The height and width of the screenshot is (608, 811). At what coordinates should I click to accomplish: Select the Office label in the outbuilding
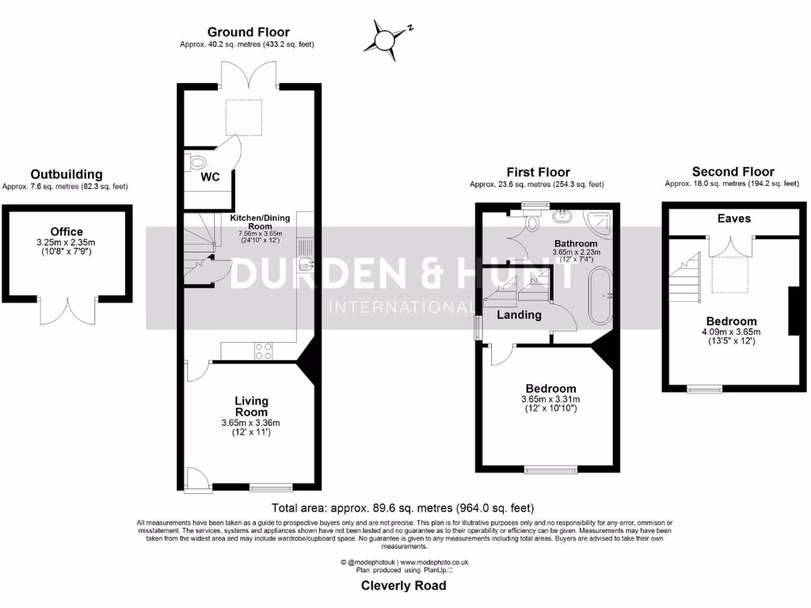pos(67,231)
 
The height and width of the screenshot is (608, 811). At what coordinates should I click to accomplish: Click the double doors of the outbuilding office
pos(68,310)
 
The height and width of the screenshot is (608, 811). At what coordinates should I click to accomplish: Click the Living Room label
pos(250,407)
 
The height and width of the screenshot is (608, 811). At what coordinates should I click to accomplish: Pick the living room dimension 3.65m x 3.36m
pos(250,424)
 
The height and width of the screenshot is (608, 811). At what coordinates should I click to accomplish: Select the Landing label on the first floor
pos(519,315)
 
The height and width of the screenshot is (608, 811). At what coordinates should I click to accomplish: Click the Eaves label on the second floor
pos(733,218)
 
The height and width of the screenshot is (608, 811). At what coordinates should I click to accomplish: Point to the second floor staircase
pos(686,275)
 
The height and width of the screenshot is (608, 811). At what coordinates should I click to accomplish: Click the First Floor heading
pos(538,172)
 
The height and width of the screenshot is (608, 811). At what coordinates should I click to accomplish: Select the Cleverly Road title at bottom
pos(403,586)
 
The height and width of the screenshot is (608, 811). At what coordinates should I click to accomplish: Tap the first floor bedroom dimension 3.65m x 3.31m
pos(550,399)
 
